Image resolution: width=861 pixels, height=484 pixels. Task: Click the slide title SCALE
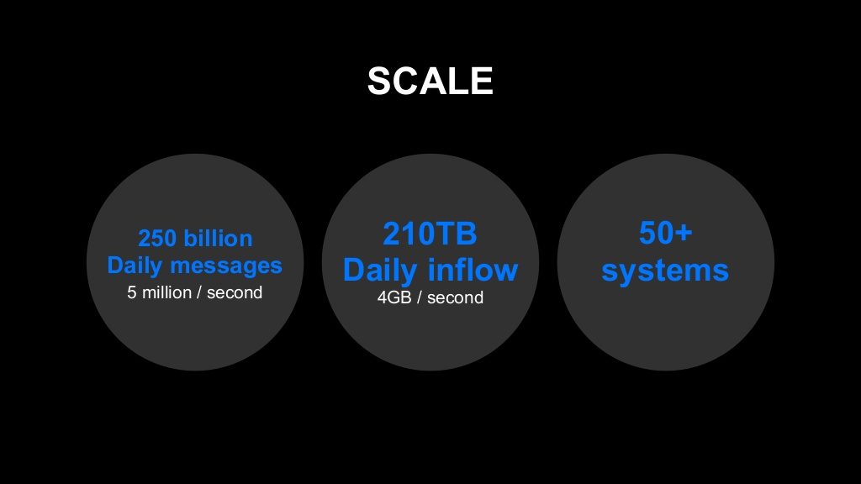tap(430, 81)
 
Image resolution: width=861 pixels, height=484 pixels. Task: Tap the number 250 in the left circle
tap(157, 239)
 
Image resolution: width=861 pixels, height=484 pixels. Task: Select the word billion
tap(218, 238)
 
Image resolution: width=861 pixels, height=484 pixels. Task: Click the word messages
tap(226, 266)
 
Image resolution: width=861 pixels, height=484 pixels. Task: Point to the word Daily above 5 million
tap(135, 266)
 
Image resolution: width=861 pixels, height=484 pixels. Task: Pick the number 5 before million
tap(132, 292)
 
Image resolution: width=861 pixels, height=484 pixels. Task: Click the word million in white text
tap(167, 292)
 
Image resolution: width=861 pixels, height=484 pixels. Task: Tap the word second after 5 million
tap(235, 292)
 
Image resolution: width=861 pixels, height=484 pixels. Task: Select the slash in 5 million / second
tap(198, 292)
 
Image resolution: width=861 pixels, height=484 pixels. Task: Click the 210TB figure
tap(430, 234)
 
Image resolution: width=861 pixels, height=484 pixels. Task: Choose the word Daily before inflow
tap(381, 271)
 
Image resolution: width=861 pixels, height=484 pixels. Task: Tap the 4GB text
tap(394, 297)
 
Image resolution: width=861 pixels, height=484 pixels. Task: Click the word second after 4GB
tap(455, 297)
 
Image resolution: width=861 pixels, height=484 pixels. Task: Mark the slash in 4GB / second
tap(419, 297)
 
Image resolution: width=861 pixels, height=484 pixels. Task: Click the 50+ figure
tap(666, 234)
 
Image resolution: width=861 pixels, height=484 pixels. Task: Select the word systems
tap(665, 271)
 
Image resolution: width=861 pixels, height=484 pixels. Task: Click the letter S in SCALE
tap(379, 81)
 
